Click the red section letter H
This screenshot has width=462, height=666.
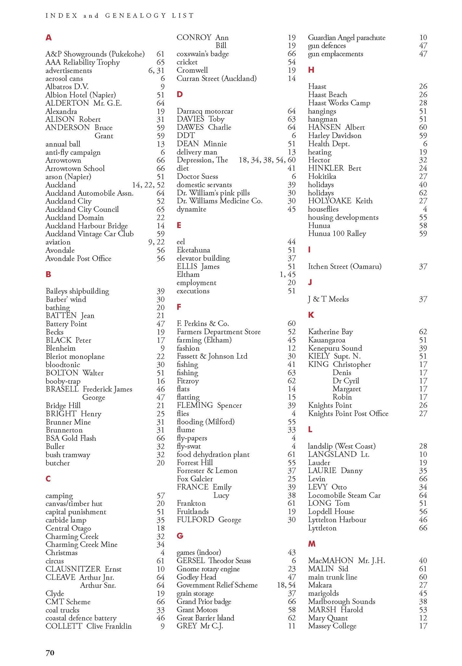click(x=311, y=70)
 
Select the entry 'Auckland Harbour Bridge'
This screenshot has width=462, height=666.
click(x=86, y=226)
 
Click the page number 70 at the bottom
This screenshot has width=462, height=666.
click(x=50, y=653)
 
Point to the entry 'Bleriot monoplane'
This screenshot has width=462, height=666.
click(x=75, y=356)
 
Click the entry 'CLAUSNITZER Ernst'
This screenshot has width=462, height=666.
click(x=83, y=569)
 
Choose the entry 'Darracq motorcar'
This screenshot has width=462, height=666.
click(x=205, y=111)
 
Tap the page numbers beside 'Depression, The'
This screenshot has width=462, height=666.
click(x=267, y=160)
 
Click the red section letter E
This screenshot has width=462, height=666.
click(x=179, y=225)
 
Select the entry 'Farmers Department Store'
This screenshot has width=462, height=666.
click(x=219, y=332)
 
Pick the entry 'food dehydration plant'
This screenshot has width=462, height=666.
click(x=213, y=454)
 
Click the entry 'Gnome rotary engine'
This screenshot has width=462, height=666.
click(x=208, y=569)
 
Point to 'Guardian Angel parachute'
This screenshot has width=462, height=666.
click(x=347, y=38)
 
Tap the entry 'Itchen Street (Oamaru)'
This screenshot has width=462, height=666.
click(x=345, y=267)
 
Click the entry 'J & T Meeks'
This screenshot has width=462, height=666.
click(x=328, y=299)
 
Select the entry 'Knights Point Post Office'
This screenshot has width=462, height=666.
click(x=348, y=414)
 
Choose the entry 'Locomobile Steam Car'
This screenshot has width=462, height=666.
click(x=344, y=495)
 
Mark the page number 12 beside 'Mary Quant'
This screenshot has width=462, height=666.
click(x=423, y=618)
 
